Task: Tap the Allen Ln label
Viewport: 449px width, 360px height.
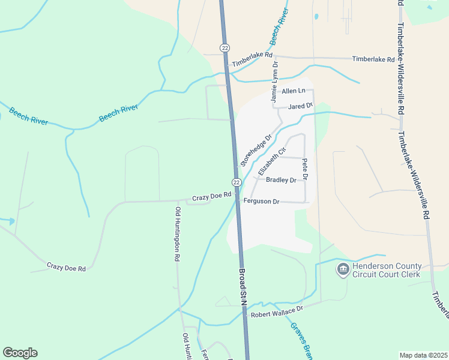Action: (294, 91)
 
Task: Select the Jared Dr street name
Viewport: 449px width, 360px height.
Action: (301, 106)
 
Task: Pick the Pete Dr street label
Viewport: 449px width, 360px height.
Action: (305, 170)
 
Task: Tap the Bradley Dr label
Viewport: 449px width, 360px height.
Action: (281, 180)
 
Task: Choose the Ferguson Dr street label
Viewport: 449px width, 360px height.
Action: (262, 202)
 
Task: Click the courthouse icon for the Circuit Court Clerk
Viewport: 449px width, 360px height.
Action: (343, 269)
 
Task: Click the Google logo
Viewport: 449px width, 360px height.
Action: (20, 353)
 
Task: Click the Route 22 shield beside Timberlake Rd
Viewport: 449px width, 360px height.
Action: (224, 47)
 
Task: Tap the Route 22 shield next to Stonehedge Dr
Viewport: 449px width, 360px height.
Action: (237, 182)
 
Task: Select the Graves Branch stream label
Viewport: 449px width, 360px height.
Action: (301, 341)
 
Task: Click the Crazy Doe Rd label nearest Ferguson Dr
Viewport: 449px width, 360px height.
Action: (211, 196)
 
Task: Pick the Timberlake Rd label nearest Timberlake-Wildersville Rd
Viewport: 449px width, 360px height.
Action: (373, 59)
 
